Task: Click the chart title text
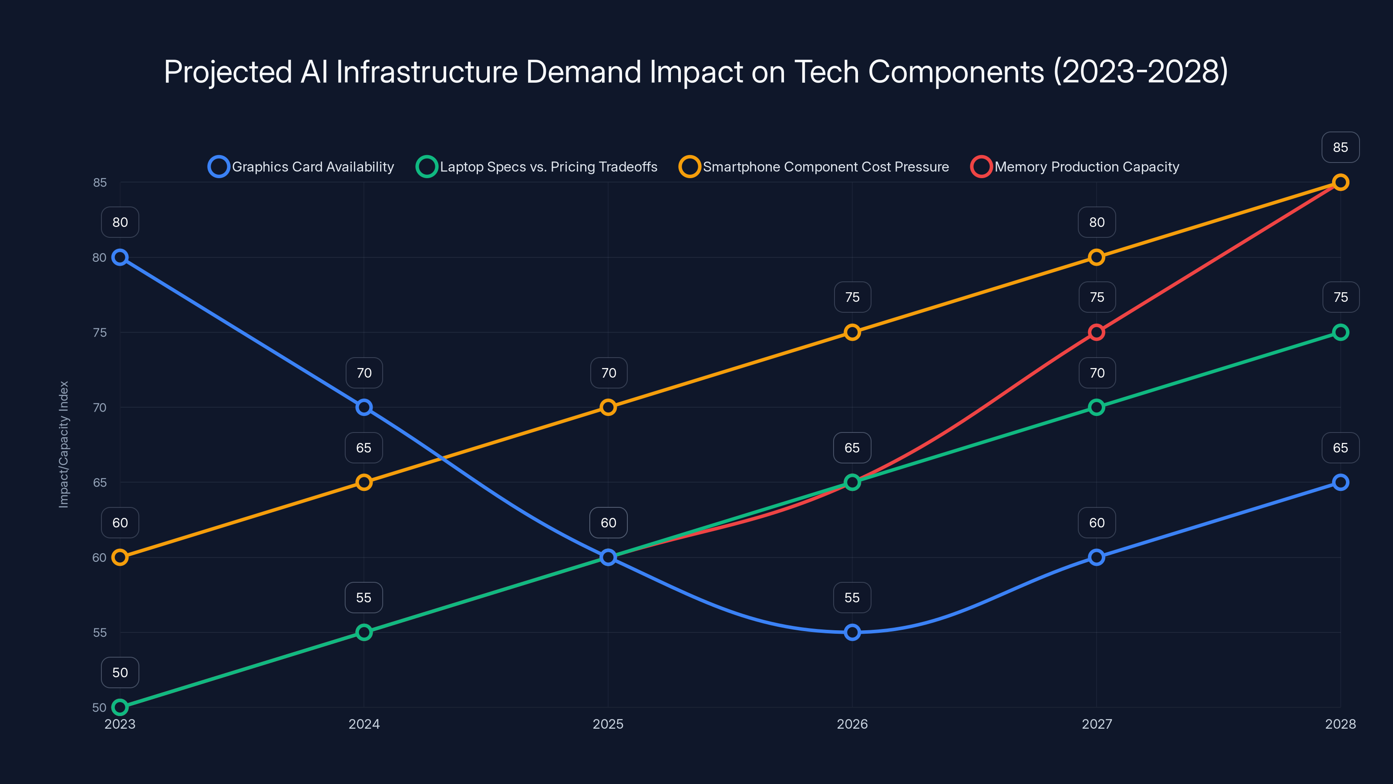pyautogui.click(x=696, y=71)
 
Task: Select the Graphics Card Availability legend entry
pyautogui.click(x=302, y=167)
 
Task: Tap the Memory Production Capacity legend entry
pyautogui.click(x=1075, y=167)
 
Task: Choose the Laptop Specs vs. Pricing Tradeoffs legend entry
pyautogui.click(x=537, y=167)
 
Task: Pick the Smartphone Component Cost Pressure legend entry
pyautogui.click(x=814, y=167)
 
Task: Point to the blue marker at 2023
pyautogui.click(x=120, y=257)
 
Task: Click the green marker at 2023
pyautogui.click(x=120, y=707)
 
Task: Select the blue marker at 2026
pyautogui.click(x=852, y=632)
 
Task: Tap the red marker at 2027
pyautogui.click(x=1096, y=332)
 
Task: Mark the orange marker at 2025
pyautogui.click(x=609, y=407)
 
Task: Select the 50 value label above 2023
pyautogui.click(x=120, y=672)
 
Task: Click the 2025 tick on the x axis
pyautogui.click(x=609, y=724)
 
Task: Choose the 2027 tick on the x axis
pyautogui.click(x=1096, y=724)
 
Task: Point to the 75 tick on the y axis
pyautogui.click(x=100, y=333)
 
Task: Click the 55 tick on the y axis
pyautogui.click(x=100, y=632)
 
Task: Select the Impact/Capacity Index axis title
pyautogui.click(x=64, y=444)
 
